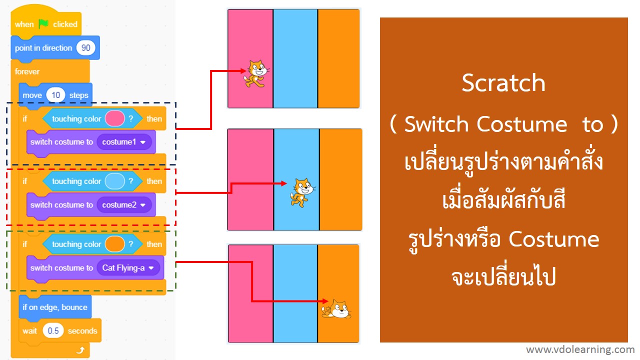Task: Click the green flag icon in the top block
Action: pos(43,24)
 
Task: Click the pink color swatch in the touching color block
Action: pos(114,118)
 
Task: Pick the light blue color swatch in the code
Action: pos(114,181)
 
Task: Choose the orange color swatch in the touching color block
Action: pos(114,244)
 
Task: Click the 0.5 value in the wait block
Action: pos(53,331)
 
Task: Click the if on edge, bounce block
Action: pos(55,307)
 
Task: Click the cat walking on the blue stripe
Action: pos(301,191)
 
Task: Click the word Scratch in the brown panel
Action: pos(503,83)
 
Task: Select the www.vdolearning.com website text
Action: pos(580,349)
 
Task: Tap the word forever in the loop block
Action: pos(27,71)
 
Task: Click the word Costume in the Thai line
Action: pos(553,239)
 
